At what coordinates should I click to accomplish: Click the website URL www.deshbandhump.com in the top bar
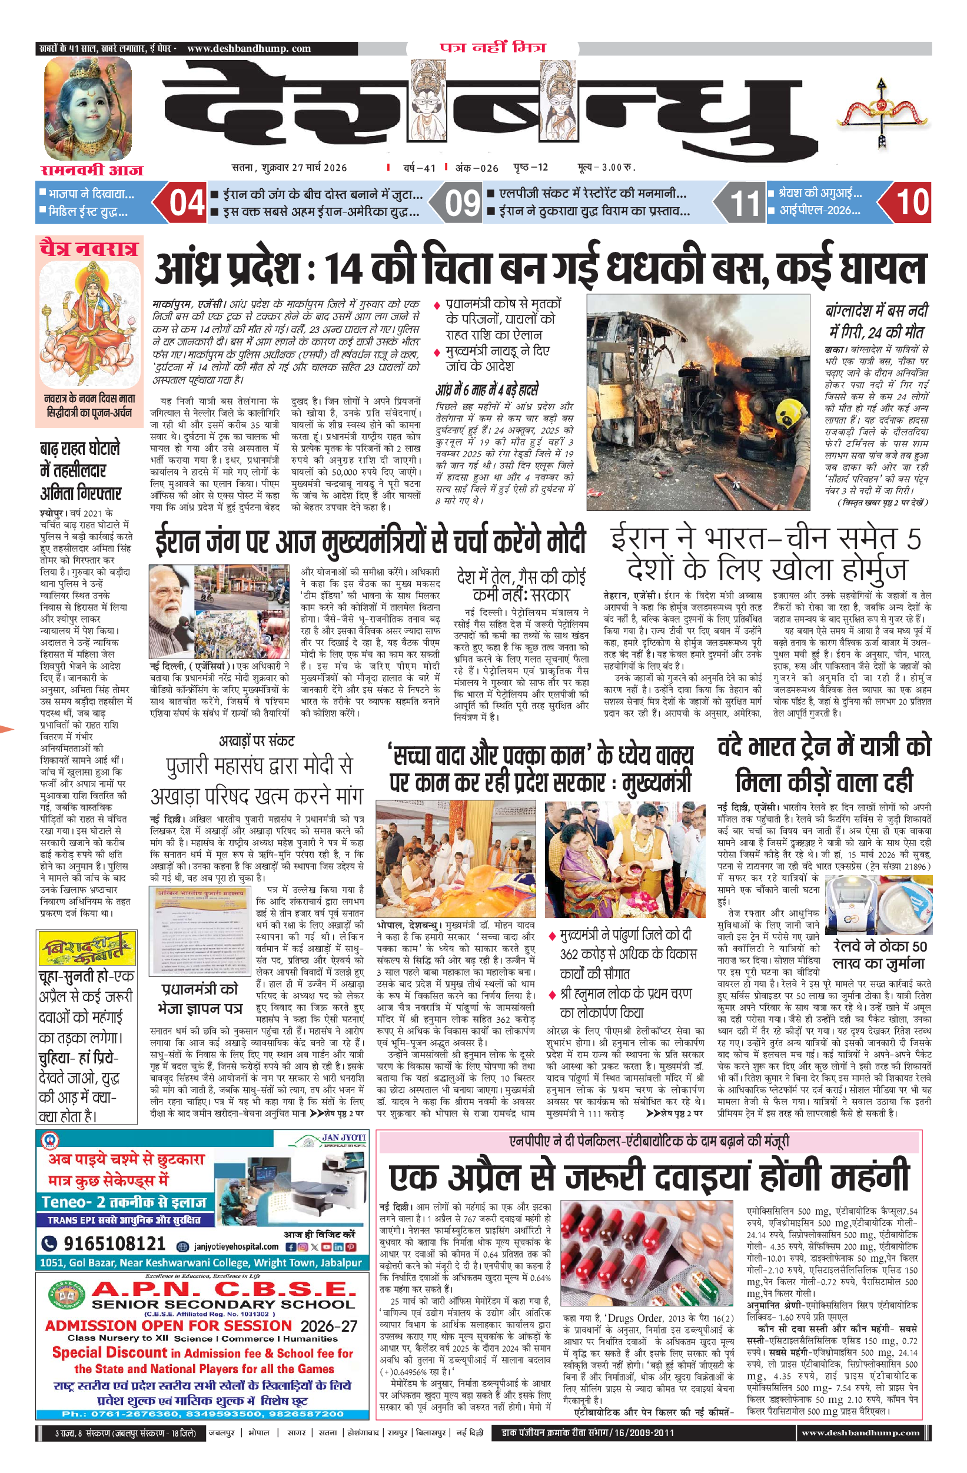click(x=248, y=48)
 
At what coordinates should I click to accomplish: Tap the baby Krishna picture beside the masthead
click(x=87, y=108)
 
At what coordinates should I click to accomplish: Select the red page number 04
click(x=187, y=202)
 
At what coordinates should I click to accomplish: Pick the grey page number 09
click(x=463, y=202)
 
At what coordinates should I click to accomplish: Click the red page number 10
click(x=912, y=202)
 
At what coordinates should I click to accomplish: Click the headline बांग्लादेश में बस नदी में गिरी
click(x=876, y=321)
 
